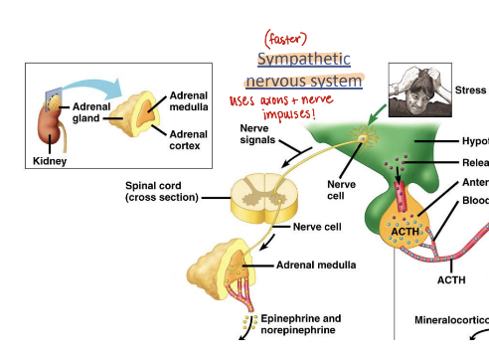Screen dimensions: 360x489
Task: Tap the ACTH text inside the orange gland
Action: (407, 232)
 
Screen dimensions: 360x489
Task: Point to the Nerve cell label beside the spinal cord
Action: (318, 227)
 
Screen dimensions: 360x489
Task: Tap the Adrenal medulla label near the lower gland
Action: (309, 266)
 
